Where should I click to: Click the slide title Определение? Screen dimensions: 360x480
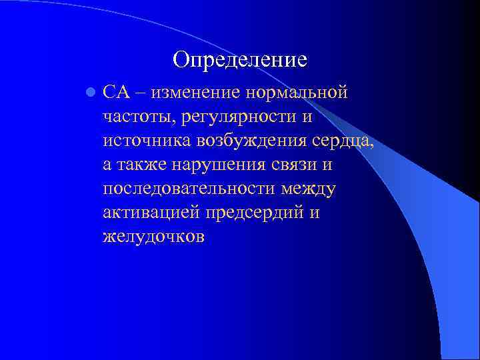239,60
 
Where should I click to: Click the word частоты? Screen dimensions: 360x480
137,117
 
